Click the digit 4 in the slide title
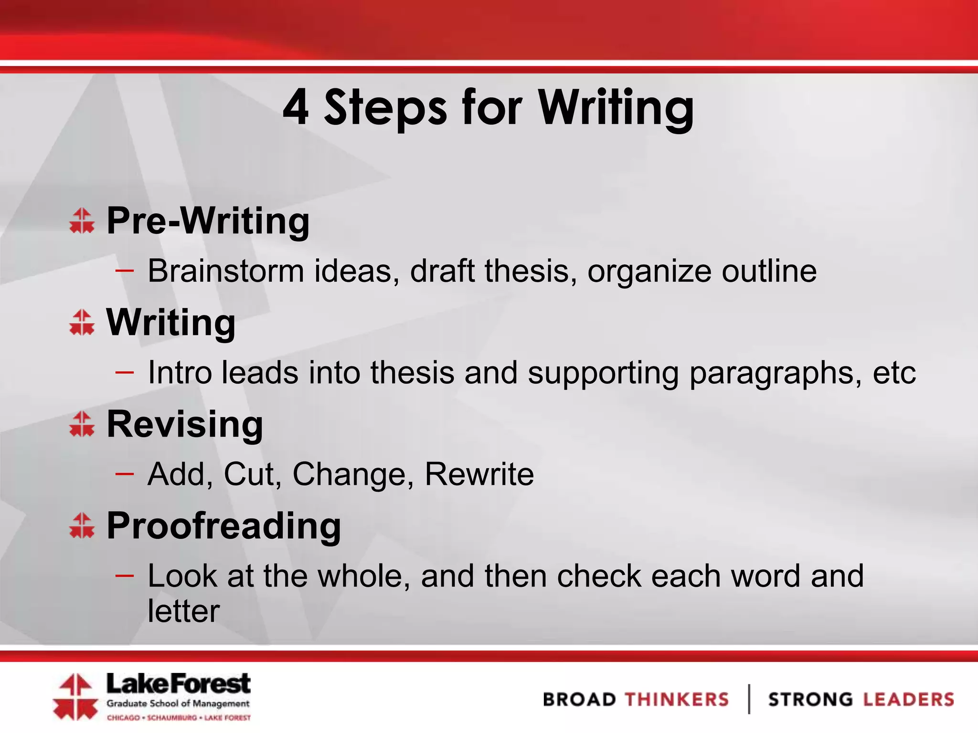(296, 108)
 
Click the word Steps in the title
(386, 109)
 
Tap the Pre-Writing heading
(208, 221)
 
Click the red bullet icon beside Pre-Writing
(82, 220)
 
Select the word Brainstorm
(226, 271)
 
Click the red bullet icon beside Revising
(82, 424)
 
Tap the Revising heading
(185, 425)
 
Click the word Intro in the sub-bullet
(180, 372)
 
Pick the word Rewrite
(479, 474)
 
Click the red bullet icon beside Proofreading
(82, 525)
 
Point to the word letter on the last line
(183, 611)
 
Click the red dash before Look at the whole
(124, 576)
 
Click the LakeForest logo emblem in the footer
(75, 697)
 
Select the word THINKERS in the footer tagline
(677, 700)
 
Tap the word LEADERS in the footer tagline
(908, 700)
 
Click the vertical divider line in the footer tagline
(749, 699)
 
